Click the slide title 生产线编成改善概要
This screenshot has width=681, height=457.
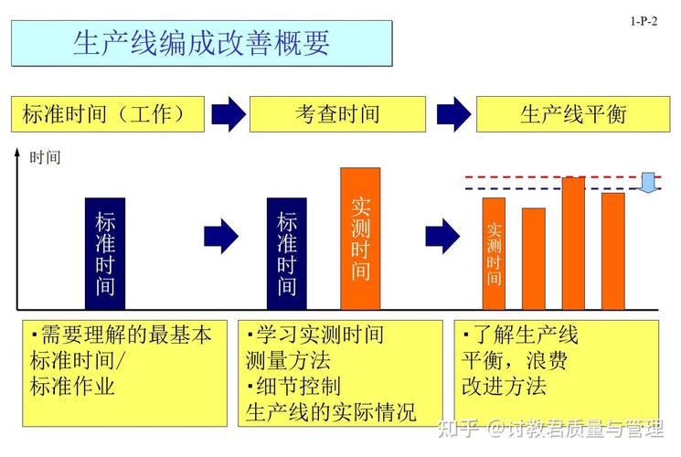(201, 43)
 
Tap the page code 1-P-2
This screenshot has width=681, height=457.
(644, 21)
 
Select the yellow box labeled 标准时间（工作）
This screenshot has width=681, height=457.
(108, 114)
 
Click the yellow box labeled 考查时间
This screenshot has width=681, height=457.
(337, 114)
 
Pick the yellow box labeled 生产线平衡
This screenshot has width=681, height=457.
(573, 114)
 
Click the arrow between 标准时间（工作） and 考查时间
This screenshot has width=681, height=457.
(229, 114)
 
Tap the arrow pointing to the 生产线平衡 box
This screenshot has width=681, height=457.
(453, 114)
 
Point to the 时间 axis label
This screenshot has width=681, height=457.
(45, 157)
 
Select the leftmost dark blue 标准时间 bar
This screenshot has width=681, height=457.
(105, 254)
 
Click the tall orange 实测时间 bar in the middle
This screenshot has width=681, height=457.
(360, 239)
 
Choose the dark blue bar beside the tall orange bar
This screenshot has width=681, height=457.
(287, 254)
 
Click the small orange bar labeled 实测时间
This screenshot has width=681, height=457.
(494, 254)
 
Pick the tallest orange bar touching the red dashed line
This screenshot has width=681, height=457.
(574, 243)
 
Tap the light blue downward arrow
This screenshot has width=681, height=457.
(648, 183)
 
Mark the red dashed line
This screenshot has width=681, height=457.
(563, 177)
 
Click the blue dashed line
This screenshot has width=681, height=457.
(563, 189)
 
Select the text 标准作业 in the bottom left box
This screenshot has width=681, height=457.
(72, 386)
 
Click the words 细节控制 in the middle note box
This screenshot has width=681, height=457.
(298, 386)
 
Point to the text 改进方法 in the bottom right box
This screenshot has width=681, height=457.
(504, 386)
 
